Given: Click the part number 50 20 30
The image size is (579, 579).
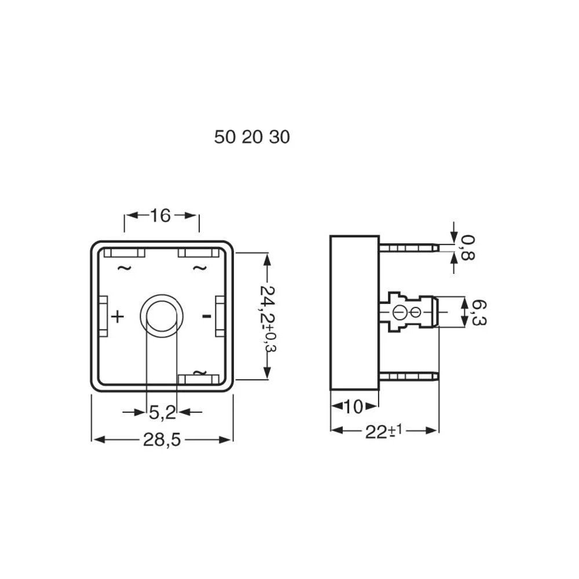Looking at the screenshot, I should click(x=252, y=137).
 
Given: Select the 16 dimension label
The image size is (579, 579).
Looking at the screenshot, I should click(x=161, y=215).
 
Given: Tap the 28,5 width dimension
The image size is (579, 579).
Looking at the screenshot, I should click(x=162, y=440).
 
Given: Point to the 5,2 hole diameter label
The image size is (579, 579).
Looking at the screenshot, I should click(x=162, y=412).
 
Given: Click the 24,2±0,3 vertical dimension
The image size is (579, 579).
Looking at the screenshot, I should click(x=267, y=316).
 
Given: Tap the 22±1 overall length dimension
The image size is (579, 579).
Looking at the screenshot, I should click(x=383, y=431).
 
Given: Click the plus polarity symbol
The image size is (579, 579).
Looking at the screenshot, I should click(x=118, y=316).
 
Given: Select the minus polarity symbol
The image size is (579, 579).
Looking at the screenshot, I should click(x=206, y=316).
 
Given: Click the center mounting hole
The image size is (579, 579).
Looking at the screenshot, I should click(x=162, y=316).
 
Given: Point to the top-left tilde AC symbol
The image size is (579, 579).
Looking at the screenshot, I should click(x=124, y=267).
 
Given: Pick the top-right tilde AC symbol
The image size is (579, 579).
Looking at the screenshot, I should click(x=199, y=267).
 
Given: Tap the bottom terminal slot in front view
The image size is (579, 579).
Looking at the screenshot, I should click(x=199, y=379).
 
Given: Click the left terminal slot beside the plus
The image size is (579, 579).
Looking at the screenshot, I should click(x=104, y=316).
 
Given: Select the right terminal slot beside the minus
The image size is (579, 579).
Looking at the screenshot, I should click(x=220, y=316).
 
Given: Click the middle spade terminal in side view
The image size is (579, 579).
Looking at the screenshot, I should click(x=408, y=313).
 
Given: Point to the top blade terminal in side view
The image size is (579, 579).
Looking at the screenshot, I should click(x=408, y=248).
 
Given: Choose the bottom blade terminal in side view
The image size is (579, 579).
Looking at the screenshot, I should click(x=408, y=376).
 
